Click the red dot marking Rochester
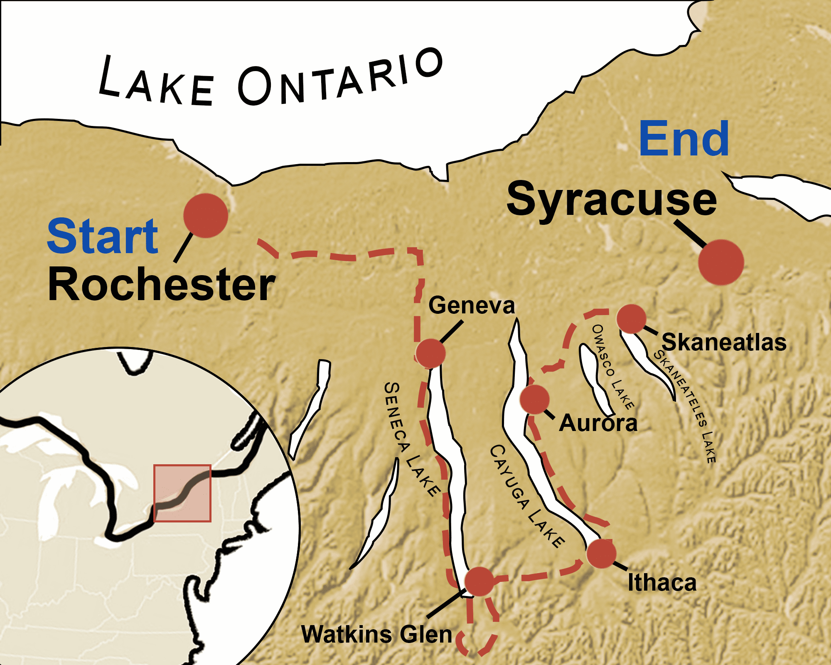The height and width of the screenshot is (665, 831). tap(206, 215)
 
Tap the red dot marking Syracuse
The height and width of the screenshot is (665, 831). tap(721, 262)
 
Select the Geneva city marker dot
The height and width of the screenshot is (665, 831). tap(430, 353)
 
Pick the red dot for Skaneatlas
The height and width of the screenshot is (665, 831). tap(632, 319)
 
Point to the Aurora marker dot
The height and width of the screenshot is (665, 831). tap(535, 399)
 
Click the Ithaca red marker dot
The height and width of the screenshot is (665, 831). tap(601, 553)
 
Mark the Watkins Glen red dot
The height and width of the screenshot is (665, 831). tap(479, 581)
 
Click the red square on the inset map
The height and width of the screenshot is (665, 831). tap(182, 493)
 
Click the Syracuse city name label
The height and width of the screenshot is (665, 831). tap(612, 200)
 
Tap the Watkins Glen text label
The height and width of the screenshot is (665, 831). tap(376, 635)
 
